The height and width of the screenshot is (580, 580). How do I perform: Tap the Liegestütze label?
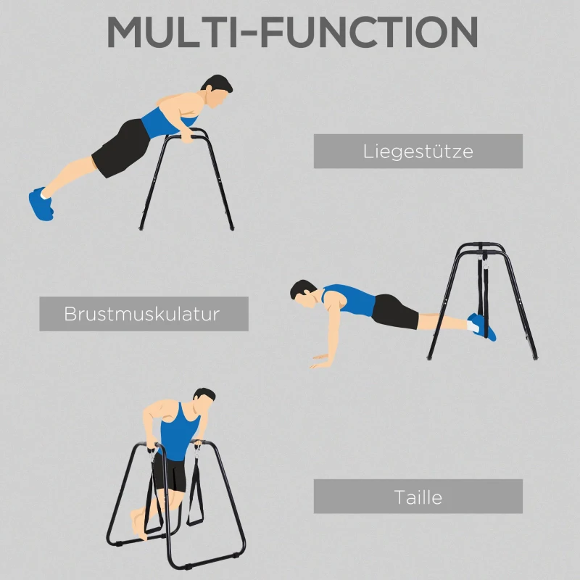(418, 152)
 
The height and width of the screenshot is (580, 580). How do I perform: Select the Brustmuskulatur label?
(144, 314)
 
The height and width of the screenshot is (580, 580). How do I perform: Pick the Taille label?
(418, 497)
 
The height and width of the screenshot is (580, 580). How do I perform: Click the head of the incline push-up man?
(217, 91)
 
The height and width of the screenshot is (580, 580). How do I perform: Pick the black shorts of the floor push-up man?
(394, 310)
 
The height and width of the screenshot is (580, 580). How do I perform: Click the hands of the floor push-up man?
(321, 360)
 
